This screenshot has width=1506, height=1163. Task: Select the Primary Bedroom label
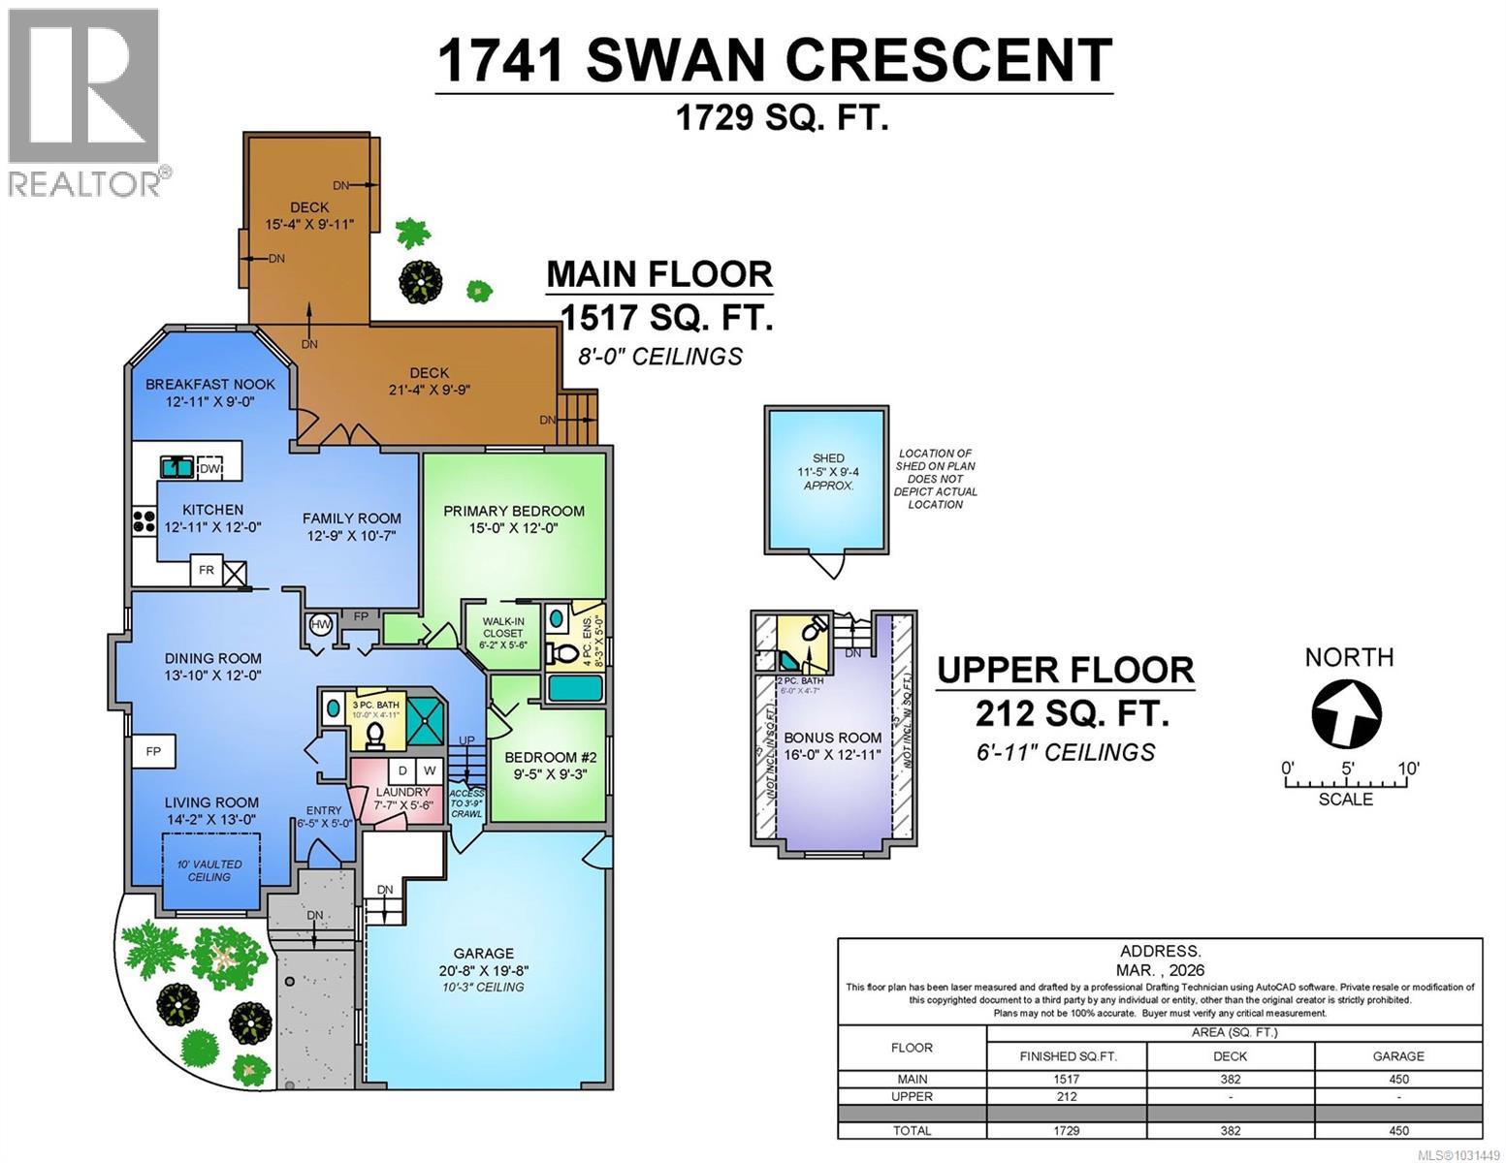(x=514, y=511)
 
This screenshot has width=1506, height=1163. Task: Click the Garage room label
(x=483, y=953)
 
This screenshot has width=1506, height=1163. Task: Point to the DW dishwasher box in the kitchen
(x=210, y=468)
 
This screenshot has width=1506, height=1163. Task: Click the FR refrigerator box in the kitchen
(x=206, y=570)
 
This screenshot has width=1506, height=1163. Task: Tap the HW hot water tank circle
(x=320, y=625)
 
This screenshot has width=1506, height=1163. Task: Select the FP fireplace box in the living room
(x=153, y=751)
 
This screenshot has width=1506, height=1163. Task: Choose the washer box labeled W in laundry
(x=429, y=770)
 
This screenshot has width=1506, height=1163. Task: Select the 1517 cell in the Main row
(x=1066, y=1079)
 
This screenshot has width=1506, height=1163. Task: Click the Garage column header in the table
(x=1397, y=1055)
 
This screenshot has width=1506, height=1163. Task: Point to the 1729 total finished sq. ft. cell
(x=1066, y=1130)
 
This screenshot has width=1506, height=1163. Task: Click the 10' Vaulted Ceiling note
(x=209, y=870)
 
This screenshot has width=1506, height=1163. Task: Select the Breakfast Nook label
(x=210, y=384)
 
